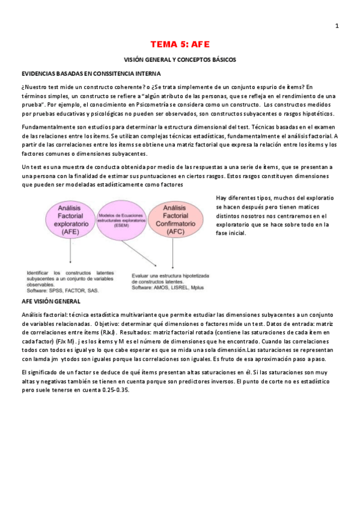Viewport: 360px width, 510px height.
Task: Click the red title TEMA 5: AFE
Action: [180, 45]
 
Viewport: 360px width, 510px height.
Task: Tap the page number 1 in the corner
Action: [337, 25]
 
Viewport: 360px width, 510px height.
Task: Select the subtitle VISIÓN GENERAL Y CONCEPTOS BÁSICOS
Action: [180, 60]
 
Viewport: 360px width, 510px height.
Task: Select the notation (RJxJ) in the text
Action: [109, 332]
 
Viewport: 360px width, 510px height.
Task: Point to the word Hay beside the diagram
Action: [222, 198]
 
